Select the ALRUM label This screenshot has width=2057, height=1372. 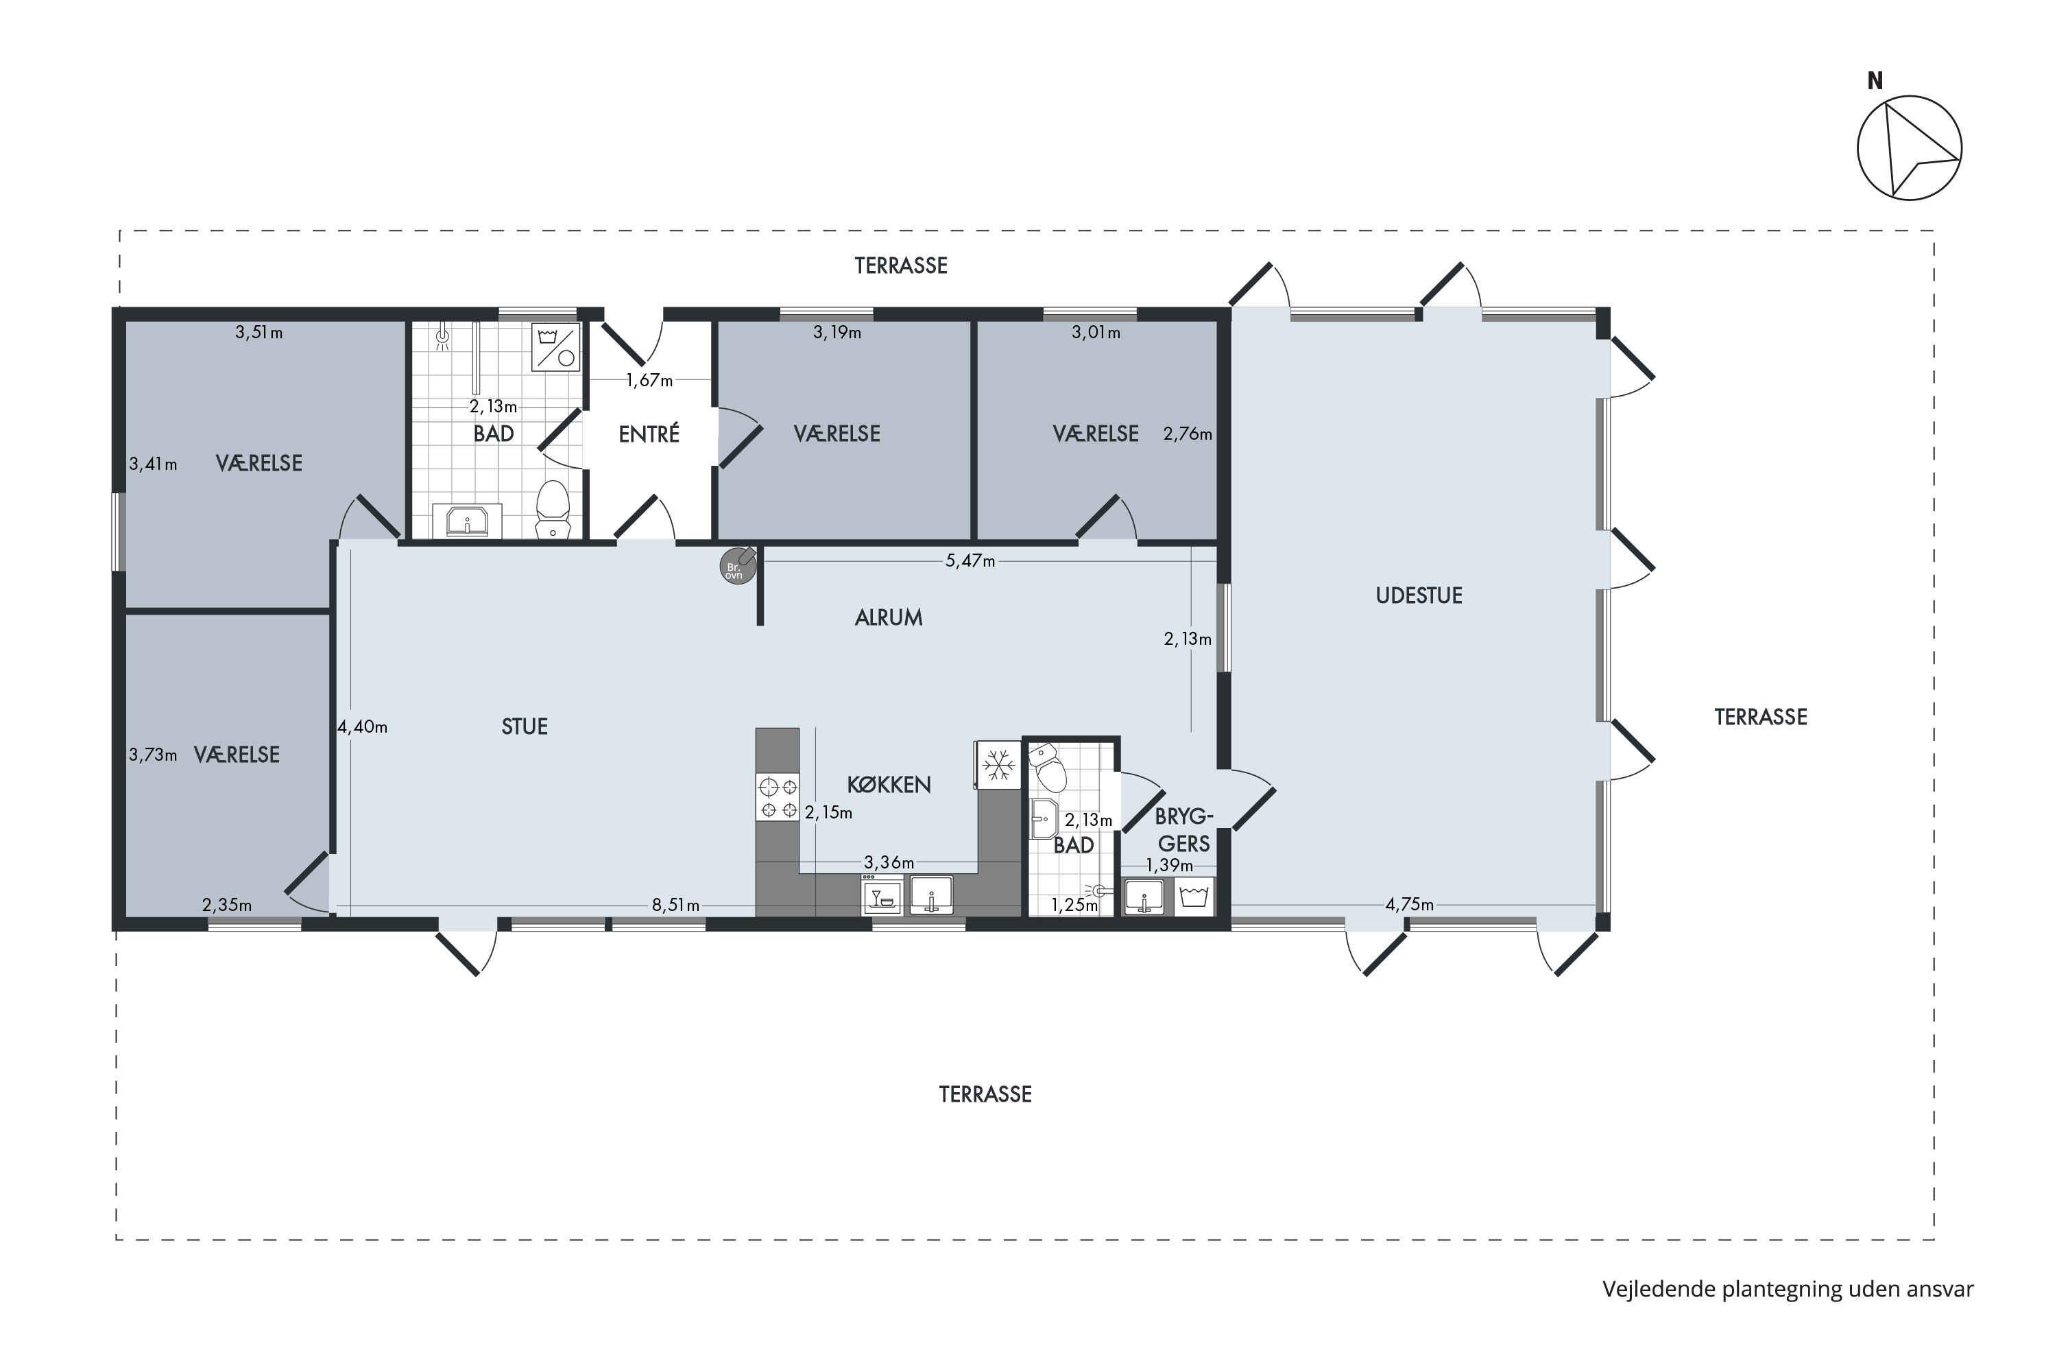click(x=889, y=618)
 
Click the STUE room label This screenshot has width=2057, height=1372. click(x=525, y=726)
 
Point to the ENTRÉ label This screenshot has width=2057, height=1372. click(x=649, y=434)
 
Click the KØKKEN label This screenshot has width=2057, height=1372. click(x=889, y=785)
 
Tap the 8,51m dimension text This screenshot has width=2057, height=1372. click(x=675, y=906)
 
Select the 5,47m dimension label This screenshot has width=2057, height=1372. click(x=970, y=561)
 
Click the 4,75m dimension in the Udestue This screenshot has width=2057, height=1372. click(x=1409, y=905)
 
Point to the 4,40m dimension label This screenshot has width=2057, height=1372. click(x=362, y=726)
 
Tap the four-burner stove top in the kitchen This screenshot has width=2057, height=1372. click(x=778, y=798)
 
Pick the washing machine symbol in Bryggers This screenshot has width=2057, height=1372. click(x=1194, y=897)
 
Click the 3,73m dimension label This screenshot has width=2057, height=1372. click(x=153, y=755)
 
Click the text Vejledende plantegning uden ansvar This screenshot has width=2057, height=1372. click(x=1788, y=1290)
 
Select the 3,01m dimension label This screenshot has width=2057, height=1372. click(x=1096, y=333)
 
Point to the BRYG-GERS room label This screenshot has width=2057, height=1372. click(x=1184, y=830)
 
